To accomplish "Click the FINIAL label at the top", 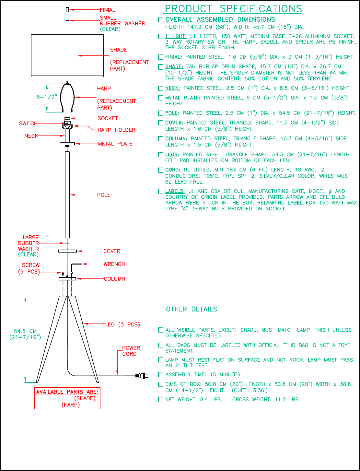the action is pos(108,10).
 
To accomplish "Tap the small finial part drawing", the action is pos(67,10).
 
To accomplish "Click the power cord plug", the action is pos(142,376).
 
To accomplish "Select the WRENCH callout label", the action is pos(114,264).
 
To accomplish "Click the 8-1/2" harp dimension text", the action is pos(47,97).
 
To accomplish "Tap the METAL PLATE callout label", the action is pos(115,144).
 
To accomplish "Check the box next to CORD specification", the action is pos(161,170).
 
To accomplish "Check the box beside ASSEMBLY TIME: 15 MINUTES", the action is pos(161,375).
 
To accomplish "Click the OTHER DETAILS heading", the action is pos(191,309).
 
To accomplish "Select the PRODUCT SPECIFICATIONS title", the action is pos(233,9).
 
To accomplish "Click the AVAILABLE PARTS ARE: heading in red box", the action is pos(67,392).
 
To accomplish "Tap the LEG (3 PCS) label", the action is pos(122,324).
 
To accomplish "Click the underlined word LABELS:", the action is pos(175,191).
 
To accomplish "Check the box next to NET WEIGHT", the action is pos(161,400).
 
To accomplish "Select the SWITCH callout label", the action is pos(28,124).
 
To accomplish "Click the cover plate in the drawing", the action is pos(67,251).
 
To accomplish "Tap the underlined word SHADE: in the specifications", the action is pos(174,66).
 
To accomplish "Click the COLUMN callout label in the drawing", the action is pos(114,279).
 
